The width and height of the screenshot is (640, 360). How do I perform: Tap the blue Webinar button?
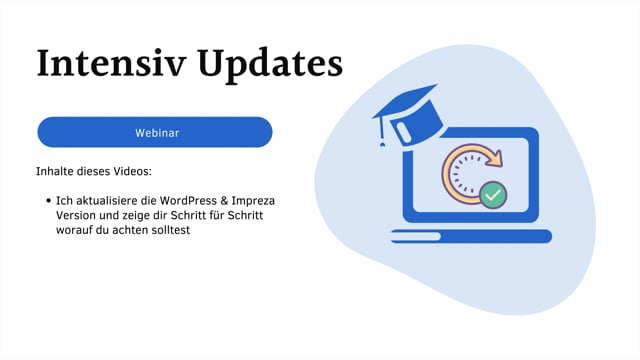155,132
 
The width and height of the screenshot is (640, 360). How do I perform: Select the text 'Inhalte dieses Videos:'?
93,171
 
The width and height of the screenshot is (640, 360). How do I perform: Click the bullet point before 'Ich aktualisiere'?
48,201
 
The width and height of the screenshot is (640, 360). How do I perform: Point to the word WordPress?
185,201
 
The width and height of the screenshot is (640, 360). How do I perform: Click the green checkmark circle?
493,195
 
